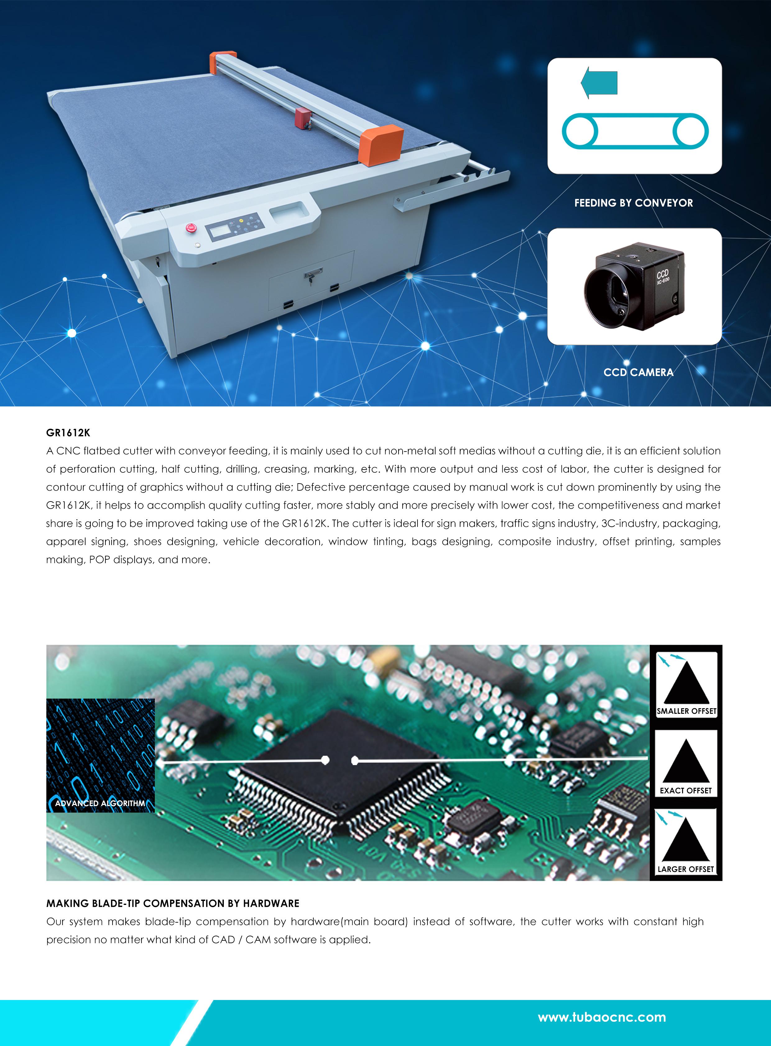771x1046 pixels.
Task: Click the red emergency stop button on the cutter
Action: pyautogui.click(x=190, y=228)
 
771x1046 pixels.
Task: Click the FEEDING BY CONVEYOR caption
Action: pyautogui.click(x=633, y=203)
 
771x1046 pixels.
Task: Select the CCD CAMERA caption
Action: pyautogui.click(x=639, y=372)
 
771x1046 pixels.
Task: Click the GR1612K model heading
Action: pyautogui.click(x=68, y=433)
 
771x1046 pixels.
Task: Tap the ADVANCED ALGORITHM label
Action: pyautogui.click(x=100, y=803)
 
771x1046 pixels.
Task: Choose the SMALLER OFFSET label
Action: pyautogui.click(x=686, y=711)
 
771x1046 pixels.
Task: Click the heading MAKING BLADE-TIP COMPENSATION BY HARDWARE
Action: pyautogui.click(x=173, y=903)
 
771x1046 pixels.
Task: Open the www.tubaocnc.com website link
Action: pyautogui.click(x=602, y=1017)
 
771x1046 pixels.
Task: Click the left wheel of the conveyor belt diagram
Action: pyautogui.click(x=580, y=131)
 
